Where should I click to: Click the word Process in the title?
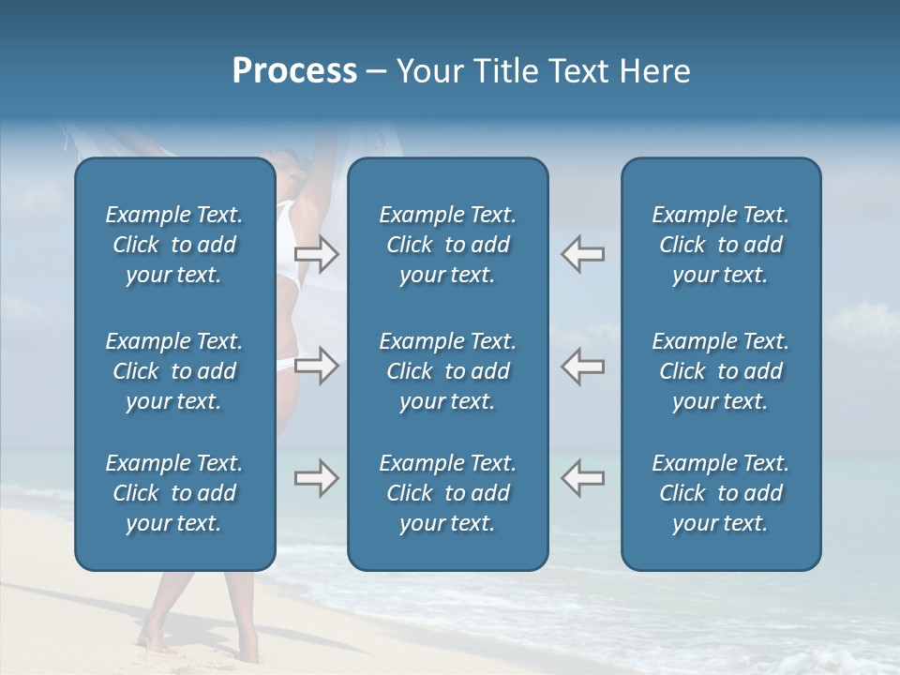(x=294, y=71)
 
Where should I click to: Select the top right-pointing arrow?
(x=316, y=253)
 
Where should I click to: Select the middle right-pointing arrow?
(x=316, y=366)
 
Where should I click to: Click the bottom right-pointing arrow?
(x=316, y=478)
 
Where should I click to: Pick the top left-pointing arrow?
(x=582, y=253)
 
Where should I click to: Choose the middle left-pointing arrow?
(x=582, y=366)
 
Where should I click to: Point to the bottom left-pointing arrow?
(x=582, y=478)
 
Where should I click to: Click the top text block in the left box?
(x=174, y=245)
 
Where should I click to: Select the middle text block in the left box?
(x=174, y=371)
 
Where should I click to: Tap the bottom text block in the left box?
(x=174, y=493)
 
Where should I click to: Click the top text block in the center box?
(x=447, y=245)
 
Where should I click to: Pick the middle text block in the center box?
(x=447, y=371)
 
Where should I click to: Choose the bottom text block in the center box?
(x=447, y=493)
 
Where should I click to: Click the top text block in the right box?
(x=720, y=245)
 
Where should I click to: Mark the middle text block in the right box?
(x=720, y=371)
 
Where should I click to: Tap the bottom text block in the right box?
(x=720, y=493)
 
